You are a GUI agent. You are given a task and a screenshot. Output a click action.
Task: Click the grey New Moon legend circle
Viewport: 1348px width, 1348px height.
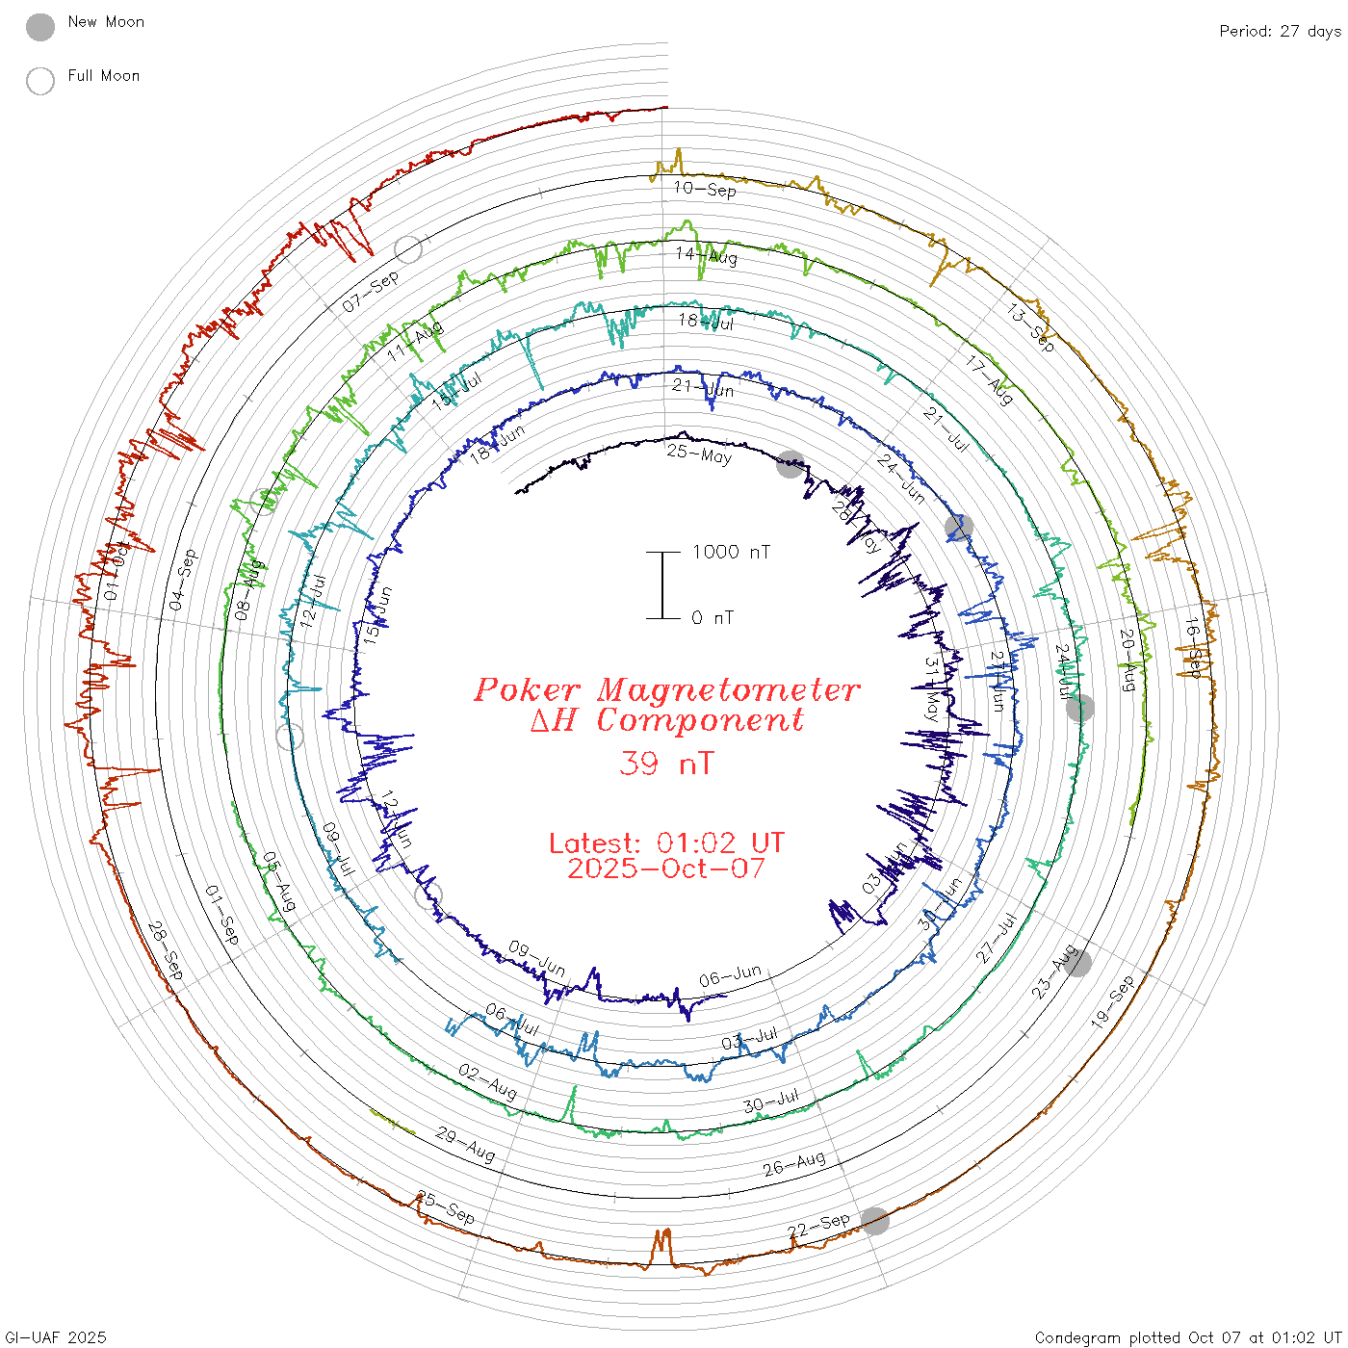coord(40,27)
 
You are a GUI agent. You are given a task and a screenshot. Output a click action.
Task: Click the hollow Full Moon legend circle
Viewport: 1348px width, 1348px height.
coord(40,81)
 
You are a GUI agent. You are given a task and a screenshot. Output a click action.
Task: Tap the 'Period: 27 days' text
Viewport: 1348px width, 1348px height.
coord(1279,32)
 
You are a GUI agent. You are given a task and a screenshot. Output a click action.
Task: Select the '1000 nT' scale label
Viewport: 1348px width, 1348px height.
coord(731,552)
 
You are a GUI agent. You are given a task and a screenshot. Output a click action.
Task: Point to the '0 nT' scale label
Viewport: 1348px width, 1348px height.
coord(713,618)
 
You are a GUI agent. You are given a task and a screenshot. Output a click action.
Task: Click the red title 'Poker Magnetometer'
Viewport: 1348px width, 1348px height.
coord(666,689)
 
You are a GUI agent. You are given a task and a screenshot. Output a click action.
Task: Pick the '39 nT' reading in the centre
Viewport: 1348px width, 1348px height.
coord(666,764)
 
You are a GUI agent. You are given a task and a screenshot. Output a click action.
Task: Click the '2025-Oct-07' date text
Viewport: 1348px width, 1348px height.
coord(666,868)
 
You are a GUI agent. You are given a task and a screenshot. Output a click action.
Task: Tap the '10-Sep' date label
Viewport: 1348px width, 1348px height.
coord(705,189)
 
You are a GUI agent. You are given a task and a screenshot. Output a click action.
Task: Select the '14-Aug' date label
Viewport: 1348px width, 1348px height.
coord(706,256)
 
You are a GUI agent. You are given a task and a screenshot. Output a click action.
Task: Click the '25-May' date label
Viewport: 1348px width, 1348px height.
coord(699,454)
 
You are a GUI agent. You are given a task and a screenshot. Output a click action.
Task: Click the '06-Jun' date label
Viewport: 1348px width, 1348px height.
coord(730,976)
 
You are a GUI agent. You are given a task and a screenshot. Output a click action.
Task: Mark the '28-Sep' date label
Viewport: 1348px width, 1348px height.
coord(166,950)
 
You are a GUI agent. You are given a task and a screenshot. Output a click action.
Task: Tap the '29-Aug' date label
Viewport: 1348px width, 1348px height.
coord(465,1144)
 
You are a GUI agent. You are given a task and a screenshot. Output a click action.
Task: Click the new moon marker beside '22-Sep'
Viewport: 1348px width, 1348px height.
coord(875,1221)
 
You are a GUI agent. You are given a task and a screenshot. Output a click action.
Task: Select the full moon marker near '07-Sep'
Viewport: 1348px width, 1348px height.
coord(409,249)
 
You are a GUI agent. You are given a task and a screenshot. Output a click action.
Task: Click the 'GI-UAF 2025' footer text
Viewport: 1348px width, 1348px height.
coord(55,1337)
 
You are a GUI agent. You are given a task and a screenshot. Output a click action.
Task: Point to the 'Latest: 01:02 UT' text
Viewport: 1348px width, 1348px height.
coord(666,843)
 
